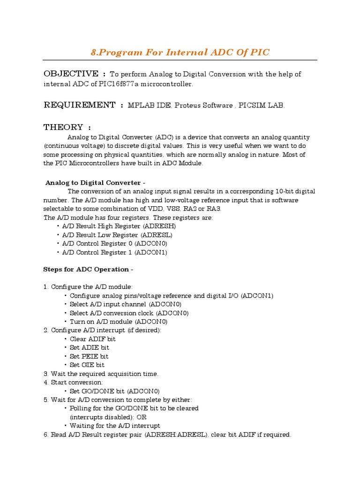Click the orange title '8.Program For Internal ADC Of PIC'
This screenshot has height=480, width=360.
coord(180,52)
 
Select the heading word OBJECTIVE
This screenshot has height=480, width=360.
coord(71,74)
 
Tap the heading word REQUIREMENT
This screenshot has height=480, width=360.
coord(79,105)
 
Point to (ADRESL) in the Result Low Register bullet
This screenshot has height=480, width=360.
coord(157,235)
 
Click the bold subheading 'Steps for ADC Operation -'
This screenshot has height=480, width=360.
coord(88,270)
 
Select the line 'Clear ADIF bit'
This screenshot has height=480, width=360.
coord(93,339)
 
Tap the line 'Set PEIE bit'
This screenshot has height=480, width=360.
coord(89,356)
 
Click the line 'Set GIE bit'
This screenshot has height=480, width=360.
coord(87,365)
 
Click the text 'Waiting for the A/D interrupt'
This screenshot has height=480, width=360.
coord(115,426)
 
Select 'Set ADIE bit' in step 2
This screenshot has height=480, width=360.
coord(90,348)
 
